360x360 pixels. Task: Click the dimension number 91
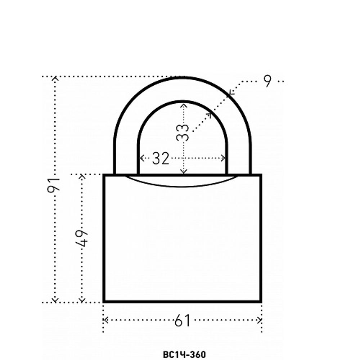click(53, 185)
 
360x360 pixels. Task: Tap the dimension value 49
click(81, 238)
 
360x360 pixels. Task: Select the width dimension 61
click(183, 320)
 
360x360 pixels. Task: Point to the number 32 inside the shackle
click(161, 158)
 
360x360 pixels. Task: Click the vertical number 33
click(183, 132)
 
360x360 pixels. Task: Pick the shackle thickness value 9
click(267, 81)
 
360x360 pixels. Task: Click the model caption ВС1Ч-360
click(184, 354)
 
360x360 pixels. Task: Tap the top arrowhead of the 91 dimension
click(55, 78)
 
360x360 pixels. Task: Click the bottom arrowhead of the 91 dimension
click(55, 300)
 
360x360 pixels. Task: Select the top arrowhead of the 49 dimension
click(82, 176)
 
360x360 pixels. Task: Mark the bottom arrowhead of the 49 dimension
click(82, 300)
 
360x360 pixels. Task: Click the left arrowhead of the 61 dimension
click(105, 320)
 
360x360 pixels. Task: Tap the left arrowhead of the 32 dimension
click(141, 158)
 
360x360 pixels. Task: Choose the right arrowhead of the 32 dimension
click(223, 158)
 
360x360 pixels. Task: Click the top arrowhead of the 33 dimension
click(184, 105)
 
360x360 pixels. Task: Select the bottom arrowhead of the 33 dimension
click(184, 171)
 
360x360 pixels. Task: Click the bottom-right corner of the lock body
click(261, 301)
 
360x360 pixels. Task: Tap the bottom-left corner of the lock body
click(104, 301)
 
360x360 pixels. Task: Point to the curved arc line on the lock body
click(181, 186)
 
